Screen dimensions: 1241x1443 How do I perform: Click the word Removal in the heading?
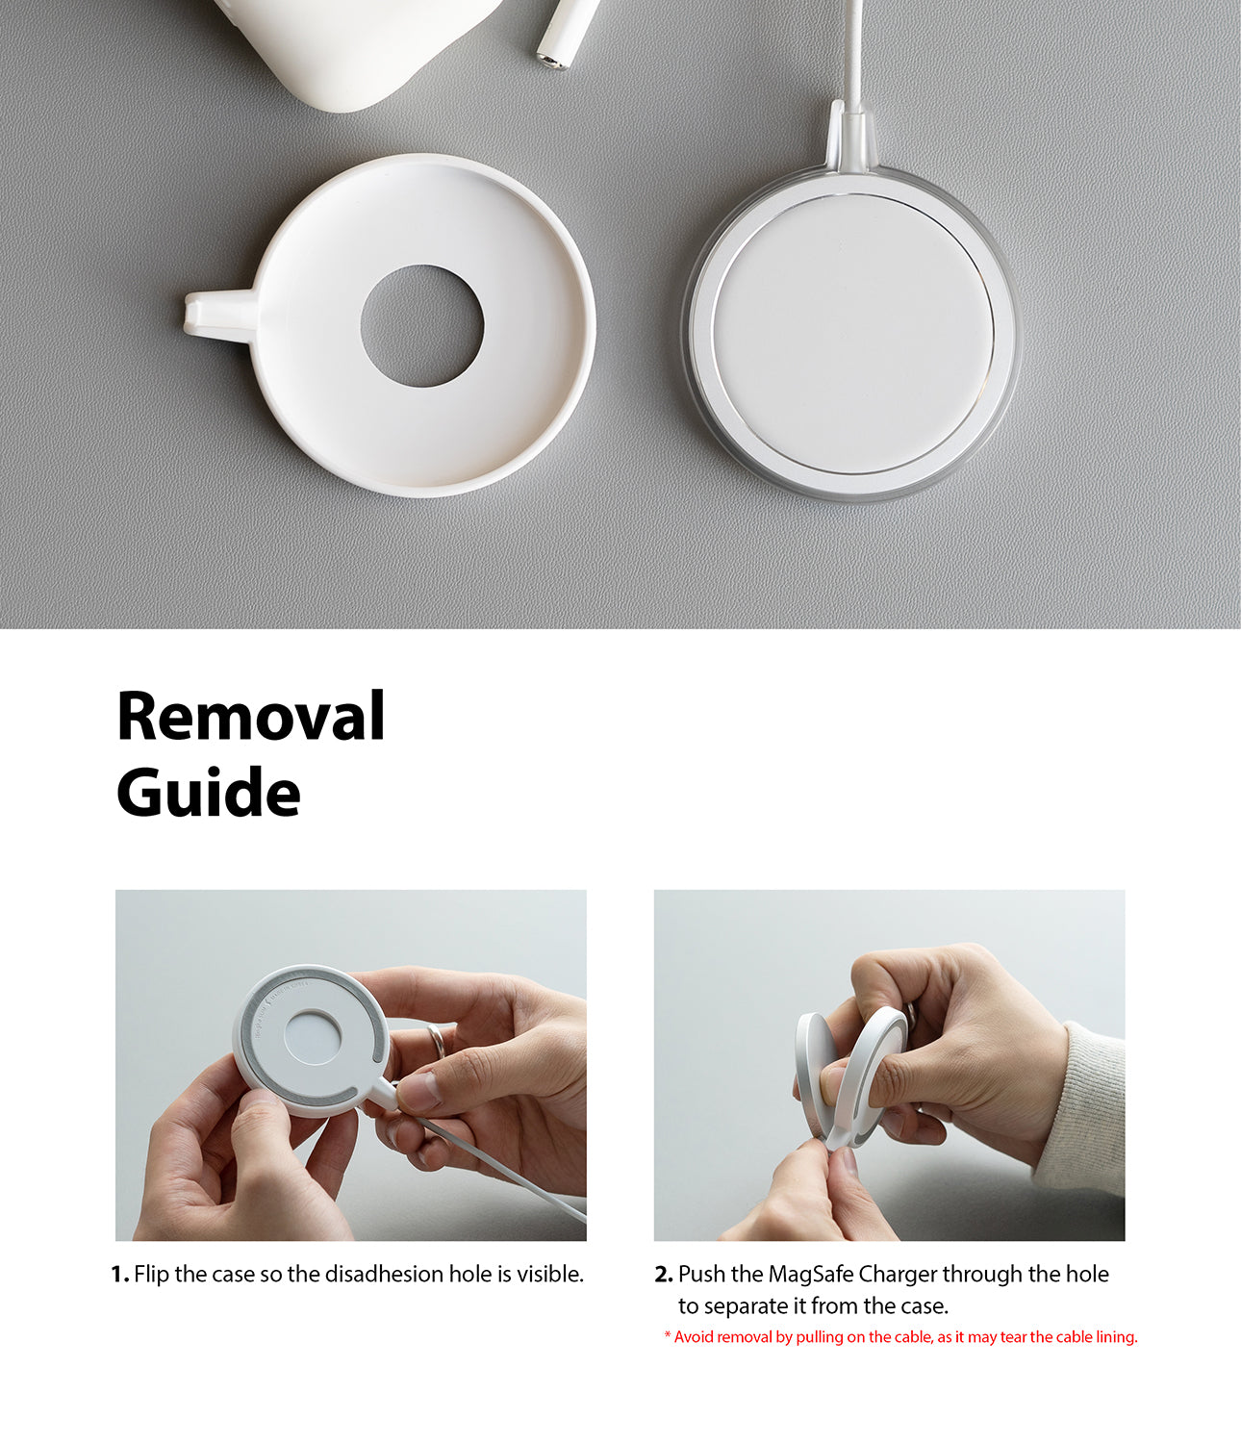250,716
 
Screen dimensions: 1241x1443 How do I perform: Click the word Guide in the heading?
208,793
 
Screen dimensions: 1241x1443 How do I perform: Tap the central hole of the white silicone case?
422,325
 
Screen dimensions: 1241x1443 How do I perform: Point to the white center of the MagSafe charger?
853,334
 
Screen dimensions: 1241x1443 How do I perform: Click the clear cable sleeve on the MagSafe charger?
850,138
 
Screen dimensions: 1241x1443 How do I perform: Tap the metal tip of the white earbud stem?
551,61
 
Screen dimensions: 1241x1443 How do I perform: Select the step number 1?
119,1275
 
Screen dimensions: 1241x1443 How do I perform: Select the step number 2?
663,1275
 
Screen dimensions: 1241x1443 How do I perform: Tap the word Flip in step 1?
151,1276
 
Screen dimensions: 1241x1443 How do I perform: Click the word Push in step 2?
701,1275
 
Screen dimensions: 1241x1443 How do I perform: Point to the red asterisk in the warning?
668,1335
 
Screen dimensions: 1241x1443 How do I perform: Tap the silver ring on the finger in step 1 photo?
436,1041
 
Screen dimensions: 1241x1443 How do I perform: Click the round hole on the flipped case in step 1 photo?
312,1037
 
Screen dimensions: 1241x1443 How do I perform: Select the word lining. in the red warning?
1117,1337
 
